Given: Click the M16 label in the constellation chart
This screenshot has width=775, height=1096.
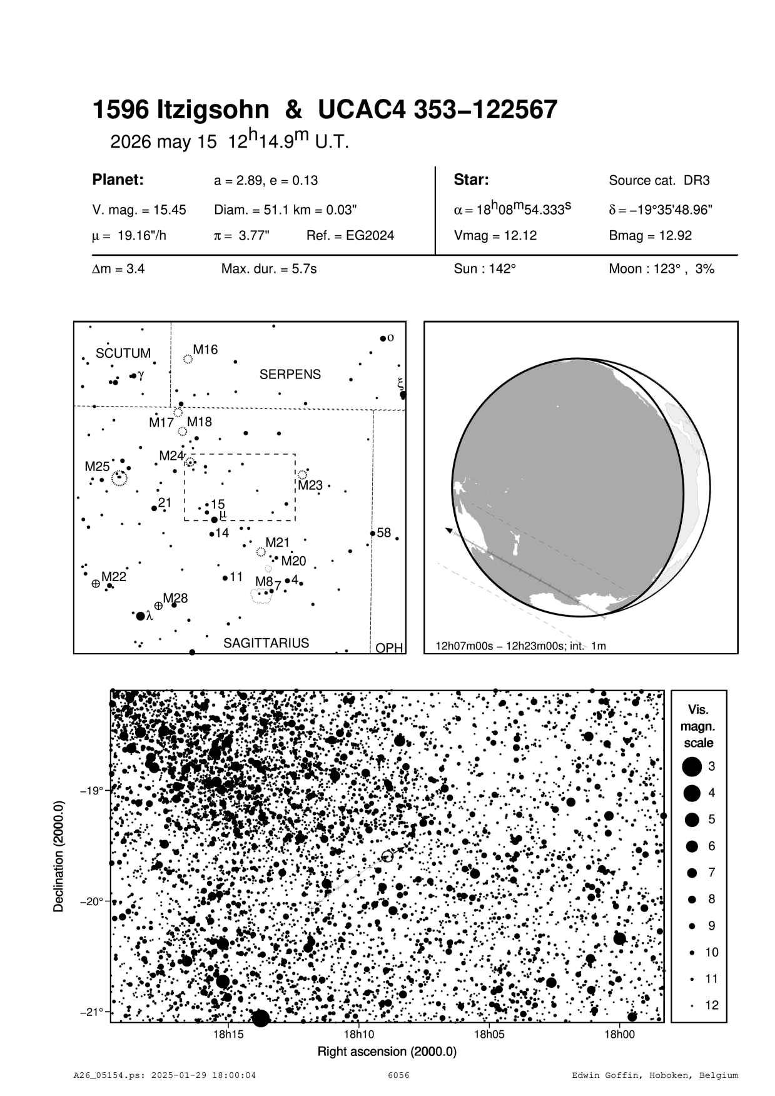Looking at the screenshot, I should tap(205, 350).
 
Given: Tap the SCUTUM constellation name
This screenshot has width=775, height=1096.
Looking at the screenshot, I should tap(123, 353).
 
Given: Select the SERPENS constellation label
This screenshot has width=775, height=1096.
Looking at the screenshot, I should tap(290, 375).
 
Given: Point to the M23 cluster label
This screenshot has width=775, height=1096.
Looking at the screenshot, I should tap(310, 485).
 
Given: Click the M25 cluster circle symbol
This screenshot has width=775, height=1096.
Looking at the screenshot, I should tap(119, 479).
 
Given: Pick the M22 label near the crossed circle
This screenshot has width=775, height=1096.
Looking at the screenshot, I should tap(114, 577).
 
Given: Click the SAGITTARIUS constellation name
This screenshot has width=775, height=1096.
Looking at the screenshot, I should tap(266, 643).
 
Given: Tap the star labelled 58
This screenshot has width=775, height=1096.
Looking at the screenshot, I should tap(373, 534).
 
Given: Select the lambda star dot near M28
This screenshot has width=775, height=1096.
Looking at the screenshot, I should tap(140, 616).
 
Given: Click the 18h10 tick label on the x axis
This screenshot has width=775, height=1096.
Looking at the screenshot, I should tap(358, 1035).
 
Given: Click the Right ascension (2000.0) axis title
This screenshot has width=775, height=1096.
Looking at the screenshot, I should tap(387, 1052).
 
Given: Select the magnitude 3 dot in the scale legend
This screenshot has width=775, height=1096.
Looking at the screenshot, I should tap(692, 766).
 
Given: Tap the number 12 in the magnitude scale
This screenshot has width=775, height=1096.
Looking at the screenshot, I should tap(712, 1005).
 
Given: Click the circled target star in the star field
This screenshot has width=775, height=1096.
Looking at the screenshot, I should tap(387, 856).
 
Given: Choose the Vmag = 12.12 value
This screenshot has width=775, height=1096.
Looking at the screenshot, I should tap(495, 236).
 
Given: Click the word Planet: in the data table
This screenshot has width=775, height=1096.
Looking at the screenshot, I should tap(118, 180).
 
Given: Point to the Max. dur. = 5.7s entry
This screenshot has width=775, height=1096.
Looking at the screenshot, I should tap(269, 269).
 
